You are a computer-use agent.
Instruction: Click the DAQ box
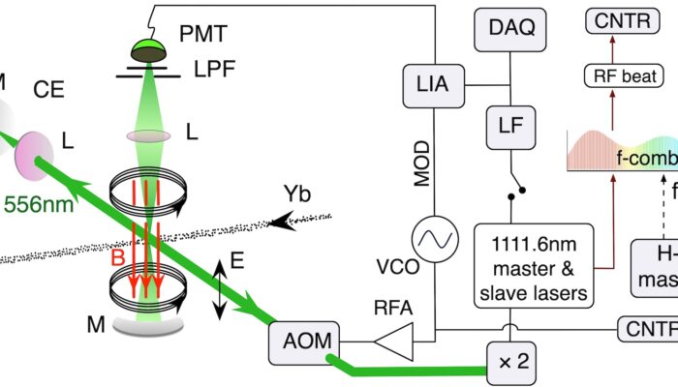click(512, 30)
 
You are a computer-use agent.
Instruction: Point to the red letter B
click(116, 258)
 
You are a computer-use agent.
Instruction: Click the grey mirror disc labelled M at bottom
click(152, 324)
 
